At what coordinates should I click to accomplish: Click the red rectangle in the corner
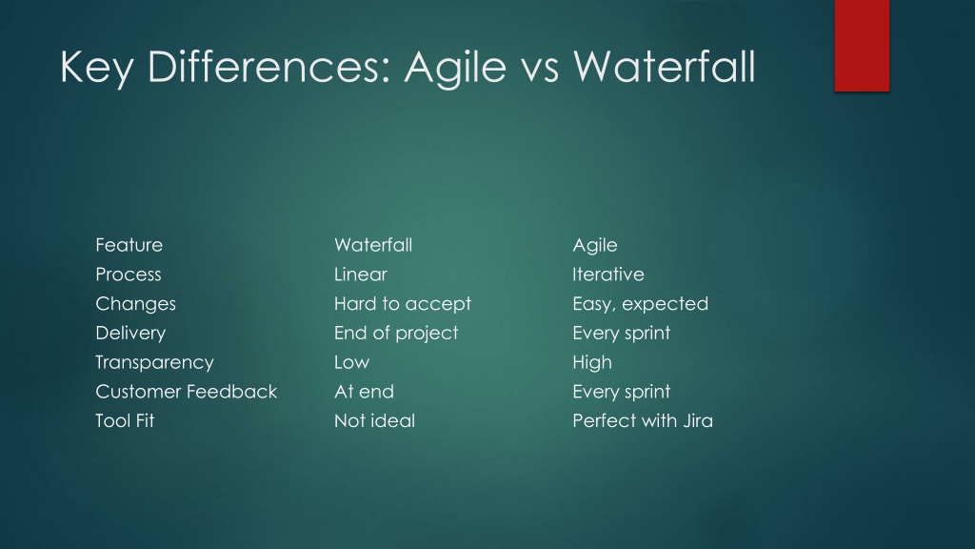pyautogui.click(x=862, y=46)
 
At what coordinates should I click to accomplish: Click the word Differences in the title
pyautogui.click(x=269, y=67)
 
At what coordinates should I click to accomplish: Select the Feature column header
pyautogui.click(x=129, y=245)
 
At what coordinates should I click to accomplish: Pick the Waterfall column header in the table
pyautogui.click(x=373, y=245)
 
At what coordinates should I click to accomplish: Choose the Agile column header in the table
pyautogui.click(x=595, y=246)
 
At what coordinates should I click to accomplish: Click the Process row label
pyautogui.click(x=129, y=274)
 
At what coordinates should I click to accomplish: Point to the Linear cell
pyautogui.click(x=361, y=274)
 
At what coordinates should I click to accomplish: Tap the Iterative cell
pyautogui.click(x=608, y=274)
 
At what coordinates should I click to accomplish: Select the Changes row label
pyautogui.click(x=135, y=304)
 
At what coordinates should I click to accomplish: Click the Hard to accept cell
pyautogui.click(x=403, y=304)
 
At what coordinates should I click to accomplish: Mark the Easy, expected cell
pyautogui.click(x=641, y=304)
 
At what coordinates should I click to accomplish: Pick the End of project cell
pyautogui.click(x=396, y=334)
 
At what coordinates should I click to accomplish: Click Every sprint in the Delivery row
pyautogui.click(x=622, y=334)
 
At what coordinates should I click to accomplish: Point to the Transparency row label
pyautogui.click(x=155, y=363)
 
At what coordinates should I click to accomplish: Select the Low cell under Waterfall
pyautogui.click(x=352, y=362)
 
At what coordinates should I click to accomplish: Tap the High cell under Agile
pyautogui.click(x=592, y=363)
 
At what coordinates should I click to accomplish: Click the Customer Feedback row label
pyautogui.click(x=187, y=392)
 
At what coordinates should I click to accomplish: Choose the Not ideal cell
pyautogui.click(x=375, y=420)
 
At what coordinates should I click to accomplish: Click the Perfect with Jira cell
pyautogui.click(x=643, y=420)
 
